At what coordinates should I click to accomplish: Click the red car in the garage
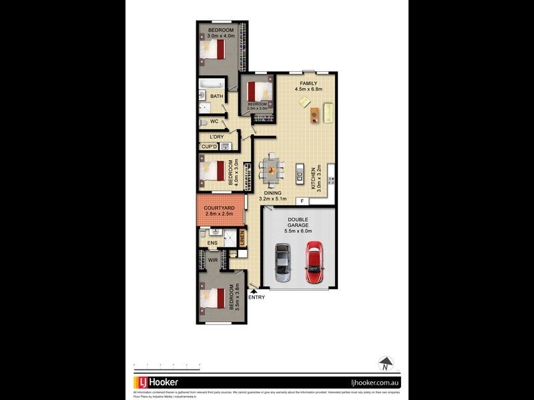[314, 263]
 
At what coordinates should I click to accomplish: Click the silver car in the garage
[283, 263]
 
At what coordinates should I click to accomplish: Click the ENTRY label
[256, 297]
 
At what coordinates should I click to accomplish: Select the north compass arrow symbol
[385, 364]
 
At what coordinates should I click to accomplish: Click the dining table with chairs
[272, 169]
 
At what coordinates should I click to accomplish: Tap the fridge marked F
[302, 201]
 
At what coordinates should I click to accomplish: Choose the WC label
[214, 122]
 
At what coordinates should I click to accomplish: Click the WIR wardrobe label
[213, 260]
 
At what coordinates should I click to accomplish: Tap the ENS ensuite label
[212, 243]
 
